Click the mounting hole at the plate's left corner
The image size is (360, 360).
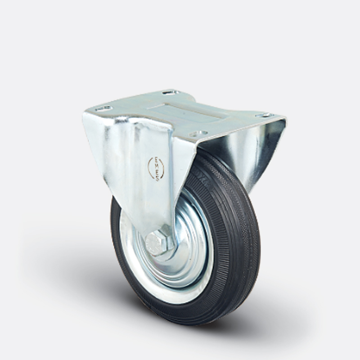click(103, 108)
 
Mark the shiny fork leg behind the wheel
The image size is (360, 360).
click(261, 148)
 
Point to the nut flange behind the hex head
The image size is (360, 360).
click(169, 252)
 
